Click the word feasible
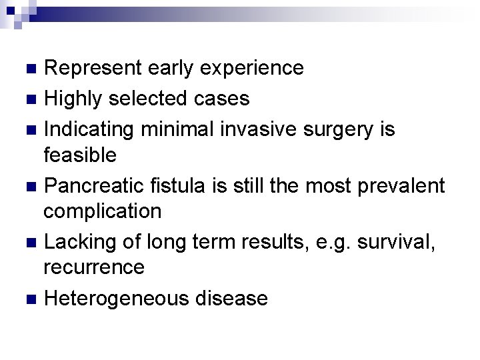[80, 155]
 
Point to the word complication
[103, 211]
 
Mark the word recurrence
[94, 267]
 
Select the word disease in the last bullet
[231, 298]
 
